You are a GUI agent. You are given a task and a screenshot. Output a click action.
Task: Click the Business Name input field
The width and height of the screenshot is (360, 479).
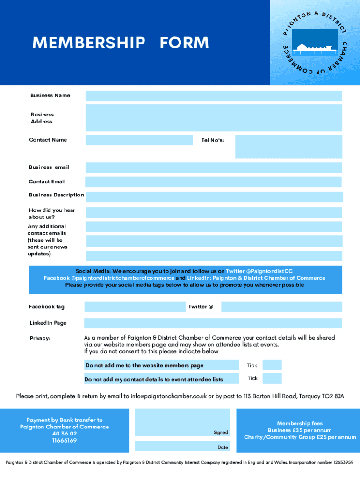[213, 96]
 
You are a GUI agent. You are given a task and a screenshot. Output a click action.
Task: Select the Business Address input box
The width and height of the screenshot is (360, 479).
[213, 117]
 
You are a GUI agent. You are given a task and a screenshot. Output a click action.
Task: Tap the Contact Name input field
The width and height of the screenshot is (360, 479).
[139, 140]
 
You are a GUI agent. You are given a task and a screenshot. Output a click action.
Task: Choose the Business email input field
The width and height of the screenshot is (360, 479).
[213, 167]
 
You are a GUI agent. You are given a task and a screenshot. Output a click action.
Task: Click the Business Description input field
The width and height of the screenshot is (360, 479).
[214, 196]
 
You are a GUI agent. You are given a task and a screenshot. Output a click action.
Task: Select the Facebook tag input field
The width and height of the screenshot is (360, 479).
[135, 307]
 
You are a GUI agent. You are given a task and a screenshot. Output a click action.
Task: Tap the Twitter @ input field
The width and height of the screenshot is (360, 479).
[281, 307]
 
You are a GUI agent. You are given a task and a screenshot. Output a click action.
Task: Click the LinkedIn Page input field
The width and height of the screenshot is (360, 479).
[213, 323]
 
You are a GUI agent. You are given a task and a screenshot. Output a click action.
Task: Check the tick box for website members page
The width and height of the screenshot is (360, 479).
[272, 365]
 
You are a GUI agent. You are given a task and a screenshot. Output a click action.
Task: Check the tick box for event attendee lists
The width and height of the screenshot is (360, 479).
[272, 378]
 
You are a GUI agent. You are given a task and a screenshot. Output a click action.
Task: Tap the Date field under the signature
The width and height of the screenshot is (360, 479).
[182, 446]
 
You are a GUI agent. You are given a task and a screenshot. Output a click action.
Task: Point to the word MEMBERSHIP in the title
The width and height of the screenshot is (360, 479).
[88, 43]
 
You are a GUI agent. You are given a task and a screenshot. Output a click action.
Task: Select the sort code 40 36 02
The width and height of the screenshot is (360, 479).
[65, 434]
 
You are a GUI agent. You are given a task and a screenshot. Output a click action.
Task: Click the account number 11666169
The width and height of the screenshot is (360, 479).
[65, 441]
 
